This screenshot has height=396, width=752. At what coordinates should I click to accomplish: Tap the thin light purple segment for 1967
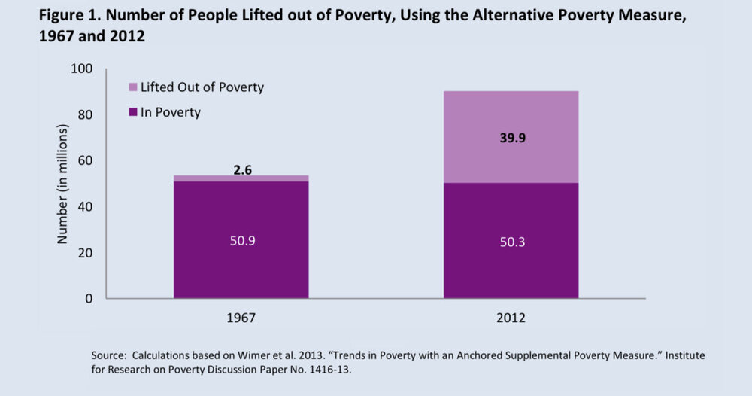coord(241,178)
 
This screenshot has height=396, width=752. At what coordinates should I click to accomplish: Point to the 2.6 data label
coord(241,169)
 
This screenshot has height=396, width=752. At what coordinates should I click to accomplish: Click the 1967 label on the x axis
coord(241,318)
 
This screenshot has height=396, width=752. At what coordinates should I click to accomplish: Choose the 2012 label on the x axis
coord(511,318)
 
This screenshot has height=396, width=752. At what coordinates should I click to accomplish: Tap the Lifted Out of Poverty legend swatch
coord(133,87)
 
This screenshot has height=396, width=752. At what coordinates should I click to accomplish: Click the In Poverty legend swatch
coord(133,112)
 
